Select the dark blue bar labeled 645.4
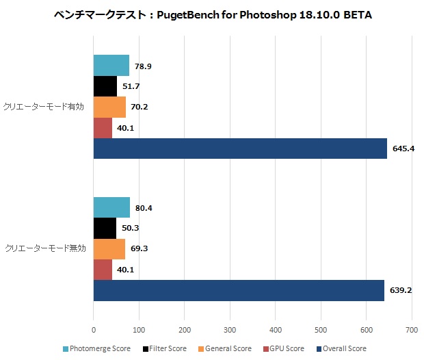240,149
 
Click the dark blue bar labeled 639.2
239,290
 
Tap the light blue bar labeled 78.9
111,66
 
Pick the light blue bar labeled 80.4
111,207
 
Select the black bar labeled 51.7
105,86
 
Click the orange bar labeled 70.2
109,107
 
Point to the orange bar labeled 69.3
109,249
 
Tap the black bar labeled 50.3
105,228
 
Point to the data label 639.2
401,290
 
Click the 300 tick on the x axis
230,329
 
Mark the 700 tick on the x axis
412,329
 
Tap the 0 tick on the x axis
94,329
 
